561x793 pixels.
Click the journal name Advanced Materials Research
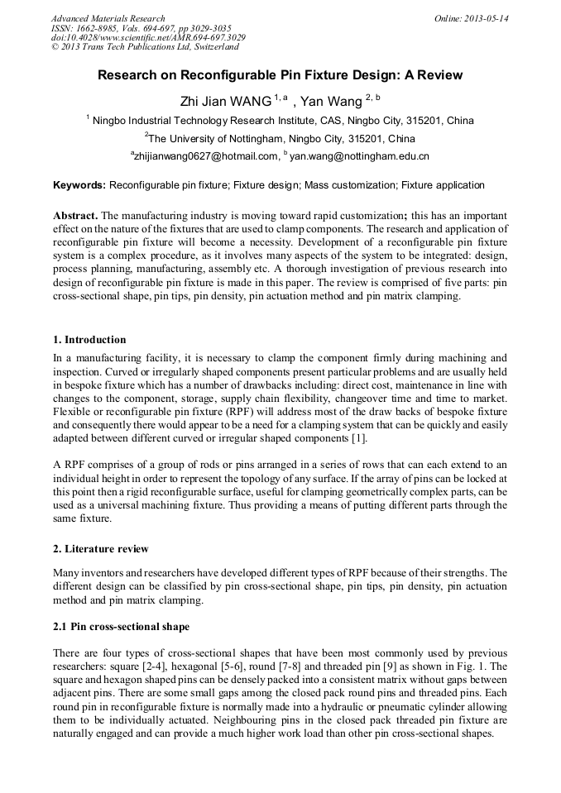[108, 18]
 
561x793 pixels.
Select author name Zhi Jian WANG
[226, 102]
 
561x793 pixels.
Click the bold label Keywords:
[79, 185]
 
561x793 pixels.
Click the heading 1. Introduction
[89, 340]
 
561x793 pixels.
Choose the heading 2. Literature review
[101, 549]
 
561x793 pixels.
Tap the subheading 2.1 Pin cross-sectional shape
[121, 627]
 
